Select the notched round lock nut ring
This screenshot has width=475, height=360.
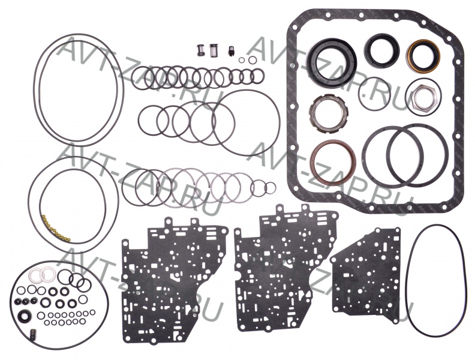pyautogui.click(x=317, y=103)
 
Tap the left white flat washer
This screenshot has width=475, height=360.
pyautogui.click(x=36, y=274)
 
